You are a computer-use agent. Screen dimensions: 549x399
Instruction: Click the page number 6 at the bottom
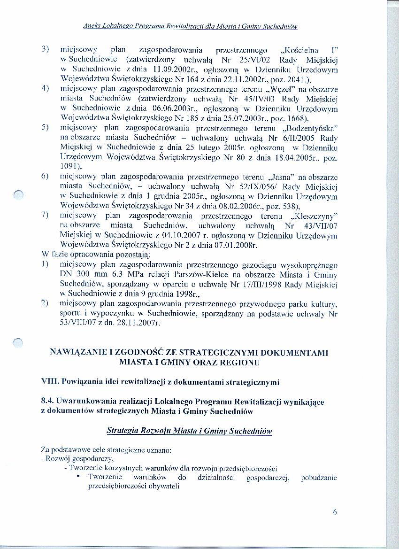tap(335, 512)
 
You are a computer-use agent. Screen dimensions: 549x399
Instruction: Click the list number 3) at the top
tap(46, 49)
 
